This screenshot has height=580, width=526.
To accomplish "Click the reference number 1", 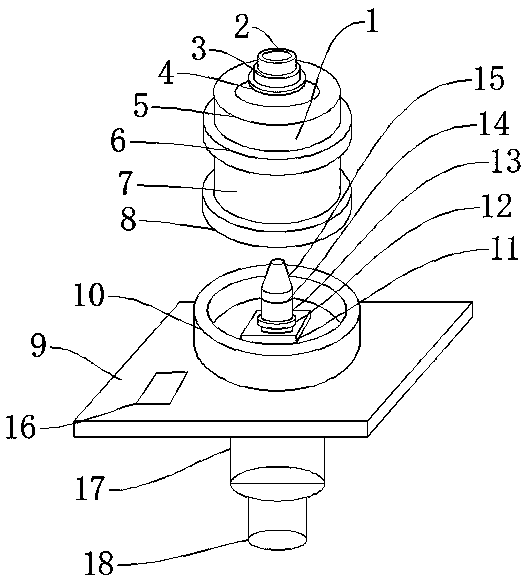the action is pos(371,21).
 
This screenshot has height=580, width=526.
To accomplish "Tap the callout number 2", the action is pos(242,27).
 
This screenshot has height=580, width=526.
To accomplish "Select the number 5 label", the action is pos(141,107).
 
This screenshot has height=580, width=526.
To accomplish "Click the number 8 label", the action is pos(128,219).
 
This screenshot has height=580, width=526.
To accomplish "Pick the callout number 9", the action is pos(39,346).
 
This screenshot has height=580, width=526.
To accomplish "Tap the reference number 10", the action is pos(89,295).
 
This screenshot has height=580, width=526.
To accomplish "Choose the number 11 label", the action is pos(503,249).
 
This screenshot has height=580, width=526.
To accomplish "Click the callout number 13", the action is pos(506,162).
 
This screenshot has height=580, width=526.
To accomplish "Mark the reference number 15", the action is pos(489,78).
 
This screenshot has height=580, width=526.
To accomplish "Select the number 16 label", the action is pos(21,426).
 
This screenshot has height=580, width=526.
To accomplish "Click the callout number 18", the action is pos(99,563).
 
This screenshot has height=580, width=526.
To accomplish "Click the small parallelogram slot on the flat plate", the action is pos(161,388).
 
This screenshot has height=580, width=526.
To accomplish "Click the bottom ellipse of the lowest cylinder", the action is pos(277,540).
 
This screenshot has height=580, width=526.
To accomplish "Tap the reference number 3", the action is pos(199,50).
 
